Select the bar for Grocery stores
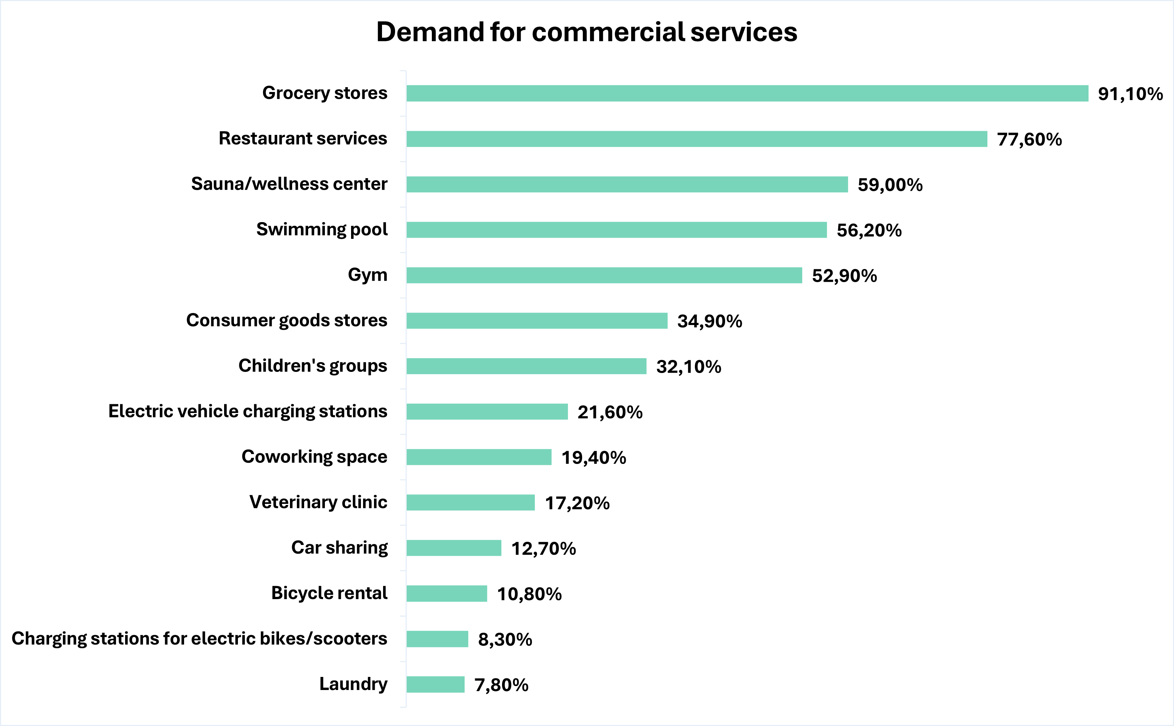point(747,93)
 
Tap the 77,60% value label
point(1029,139)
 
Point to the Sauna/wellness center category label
point(289,184)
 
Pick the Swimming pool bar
point(616,229)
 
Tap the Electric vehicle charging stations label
point(247,412)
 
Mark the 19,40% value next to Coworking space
point(594,458)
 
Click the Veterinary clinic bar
point(470,503)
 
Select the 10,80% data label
point(529,594)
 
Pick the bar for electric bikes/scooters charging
point(437,639)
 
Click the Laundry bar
point(435,684)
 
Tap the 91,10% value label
point(1130,94)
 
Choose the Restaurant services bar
point(697,139)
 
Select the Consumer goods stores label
point(286,320)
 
